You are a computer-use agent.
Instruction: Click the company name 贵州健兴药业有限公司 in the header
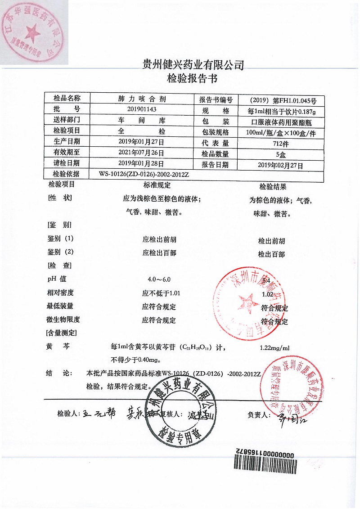192,65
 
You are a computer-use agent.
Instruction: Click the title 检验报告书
192,79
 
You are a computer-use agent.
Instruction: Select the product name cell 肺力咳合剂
142,99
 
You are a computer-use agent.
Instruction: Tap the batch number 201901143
142,109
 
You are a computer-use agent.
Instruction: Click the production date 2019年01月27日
142,142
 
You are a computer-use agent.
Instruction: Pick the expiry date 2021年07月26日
142,153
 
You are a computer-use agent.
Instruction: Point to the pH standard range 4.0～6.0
156,279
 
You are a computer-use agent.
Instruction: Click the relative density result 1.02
267,294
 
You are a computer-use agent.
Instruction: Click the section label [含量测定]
61,333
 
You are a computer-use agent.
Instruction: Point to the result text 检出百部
271,254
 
